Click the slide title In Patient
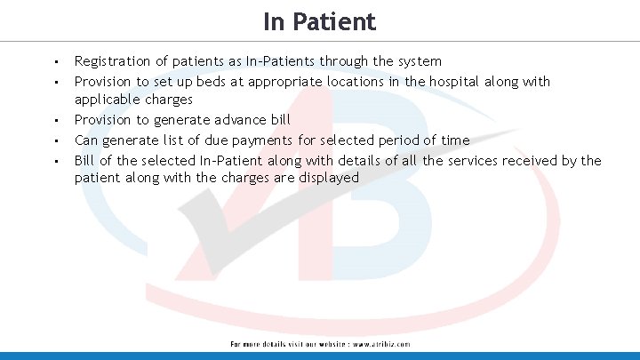point(319,20)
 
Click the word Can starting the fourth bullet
point(86,140)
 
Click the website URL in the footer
point(381,344)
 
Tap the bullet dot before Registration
point(56,62)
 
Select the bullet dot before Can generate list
point(56,140)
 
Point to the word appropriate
point(285,82)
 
